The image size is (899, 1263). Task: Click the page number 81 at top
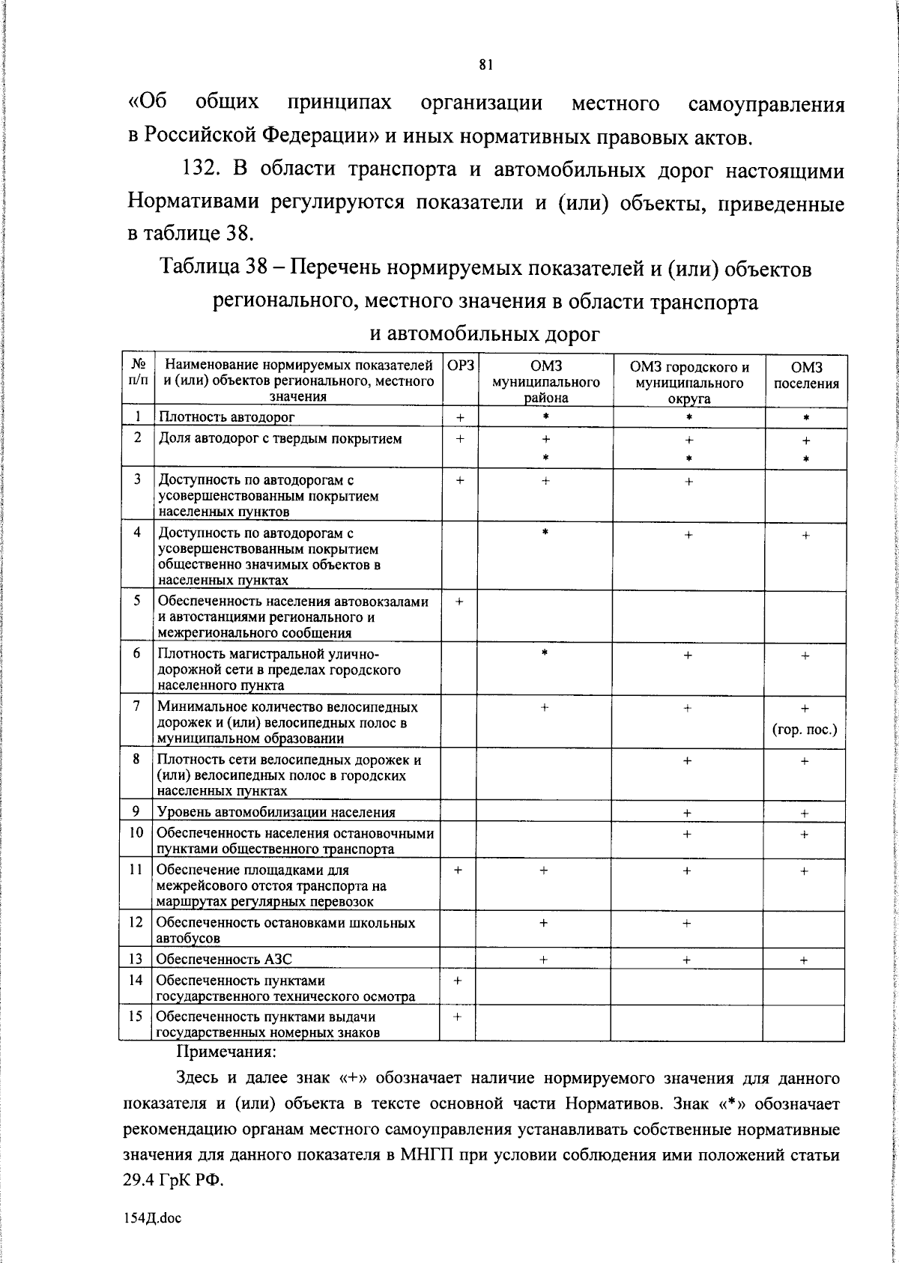pyautogui.click(x=485, y=65)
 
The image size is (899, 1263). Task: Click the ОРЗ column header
pyautogui.click(x=460, y=366)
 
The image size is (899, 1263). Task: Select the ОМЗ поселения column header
pyautogui.click(x=805, y=375)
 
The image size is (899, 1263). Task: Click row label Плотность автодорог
pyautogui.click(x=226, y=417)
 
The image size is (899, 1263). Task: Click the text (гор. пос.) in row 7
pyautogui.click(x=805, y=729)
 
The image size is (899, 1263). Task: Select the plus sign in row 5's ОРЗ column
pyautogui.click(x=459, y=602)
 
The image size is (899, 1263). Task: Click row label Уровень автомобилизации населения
pyautogui.click(x=276, y=812)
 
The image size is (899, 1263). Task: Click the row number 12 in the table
pyautogui.click(x=136, y=922)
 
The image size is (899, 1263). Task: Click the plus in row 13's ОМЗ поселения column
pyautogui.click(x=804, y=960)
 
